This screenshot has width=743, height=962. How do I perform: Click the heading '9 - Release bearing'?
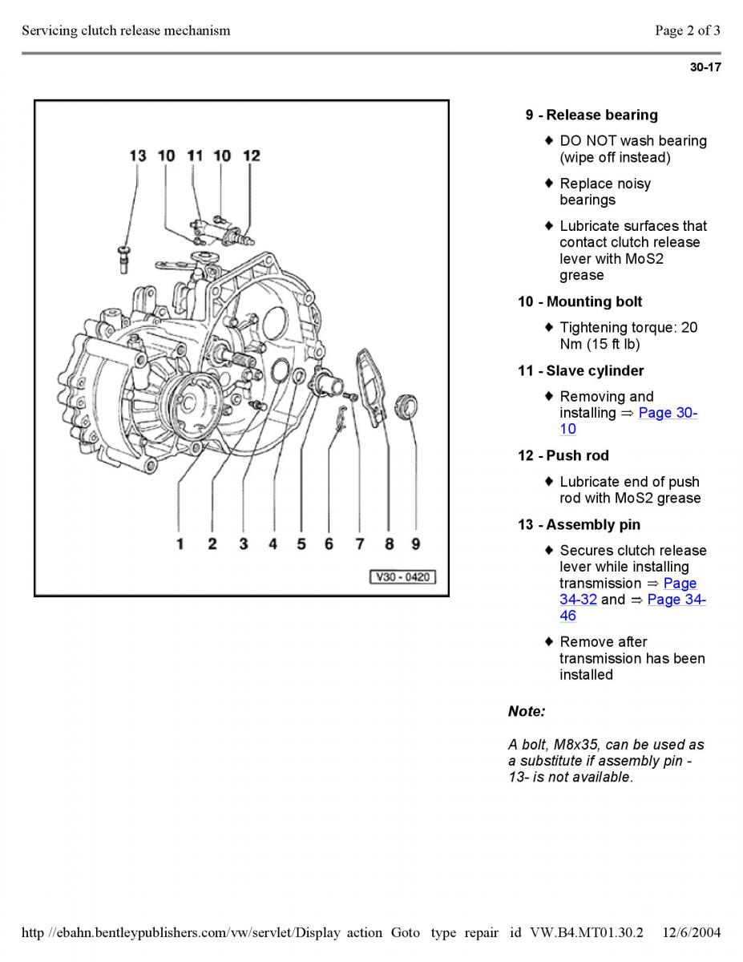click(x=592, y=115)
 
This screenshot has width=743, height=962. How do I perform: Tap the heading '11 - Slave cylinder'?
click(x=580, y=370)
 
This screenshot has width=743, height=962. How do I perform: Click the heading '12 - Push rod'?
click(x=563, y=455)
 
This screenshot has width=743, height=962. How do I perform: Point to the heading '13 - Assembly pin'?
click(x=579, y=524)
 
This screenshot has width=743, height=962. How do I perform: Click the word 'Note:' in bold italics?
click(x=527, y=711)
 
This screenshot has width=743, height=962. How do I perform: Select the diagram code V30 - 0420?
click(x=402, y=576)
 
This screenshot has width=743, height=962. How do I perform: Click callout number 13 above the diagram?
click(x=138, y=156)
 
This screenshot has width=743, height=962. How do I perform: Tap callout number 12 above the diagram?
click(x=252, y=156)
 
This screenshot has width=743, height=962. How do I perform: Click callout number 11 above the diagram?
click(x=195, y=156)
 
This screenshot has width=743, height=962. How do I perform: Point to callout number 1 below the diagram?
click(x=180, y=544)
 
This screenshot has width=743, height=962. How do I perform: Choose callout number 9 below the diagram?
click(x=416, y=544)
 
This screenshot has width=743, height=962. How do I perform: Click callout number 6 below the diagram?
click(x=329, y=544)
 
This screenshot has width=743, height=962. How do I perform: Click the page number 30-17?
click(x=705, y=67)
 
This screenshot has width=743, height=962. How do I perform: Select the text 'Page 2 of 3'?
click(x=687, y=30)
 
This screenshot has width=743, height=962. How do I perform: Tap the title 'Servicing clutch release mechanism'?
click(x=126, y=30)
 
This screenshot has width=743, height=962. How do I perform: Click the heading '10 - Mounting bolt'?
click(x=579, y=301)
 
